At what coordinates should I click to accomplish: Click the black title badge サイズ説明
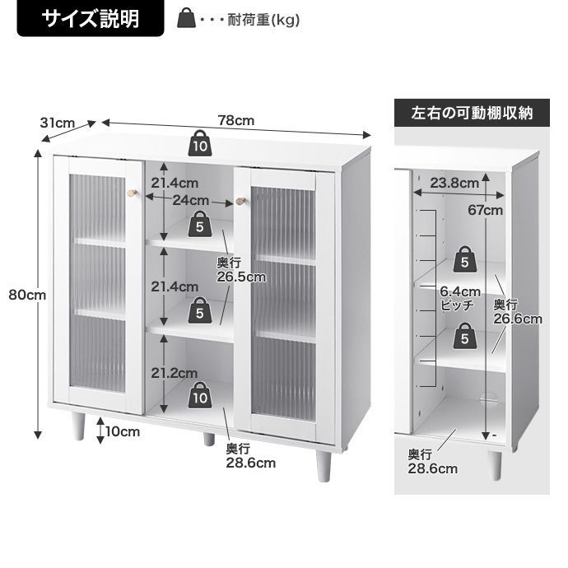click(x=91, y=18)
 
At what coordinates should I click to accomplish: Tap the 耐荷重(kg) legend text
click(x=264, y=18)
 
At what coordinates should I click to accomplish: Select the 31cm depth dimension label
click(x=57, y=123)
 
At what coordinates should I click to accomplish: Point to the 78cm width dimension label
click(x=236, y=120)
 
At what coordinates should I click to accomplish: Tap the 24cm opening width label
click(x=190, y=200)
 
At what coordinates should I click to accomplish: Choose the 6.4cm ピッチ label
click(x=459, y=298)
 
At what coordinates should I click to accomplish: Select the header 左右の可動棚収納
click(x=472, y=113)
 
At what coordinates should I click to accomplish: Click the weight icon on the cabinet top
click(x=200, y=144)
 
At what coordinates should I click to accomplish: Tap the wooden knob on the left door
click(x=131, y=193)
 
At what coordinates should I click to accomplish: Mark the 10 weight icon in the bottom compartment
click(x=200, y=394)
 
